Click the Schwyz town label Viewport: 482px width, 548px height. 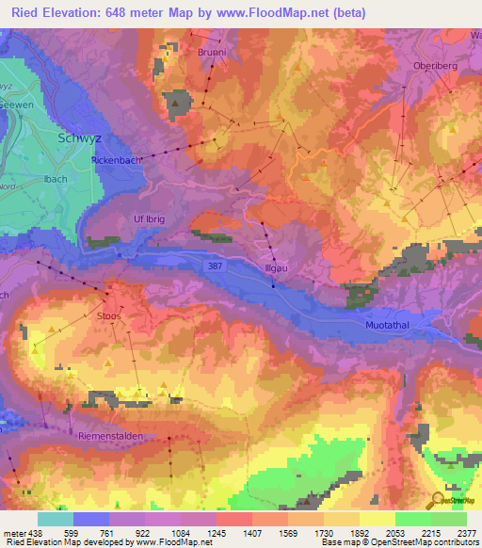(80, 137)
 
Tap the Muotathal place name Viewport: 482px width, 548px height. (388, 325)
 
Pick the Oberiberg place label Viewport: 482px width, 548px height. (434, 66)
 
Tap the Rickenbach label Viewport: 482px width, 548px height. (117, 161)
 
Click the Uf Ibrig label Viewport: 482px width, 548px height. (150, 218)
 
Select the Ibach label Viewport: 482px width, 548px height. (42, 176)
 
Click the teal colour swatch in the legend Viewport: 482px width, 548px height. (56, 519)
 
